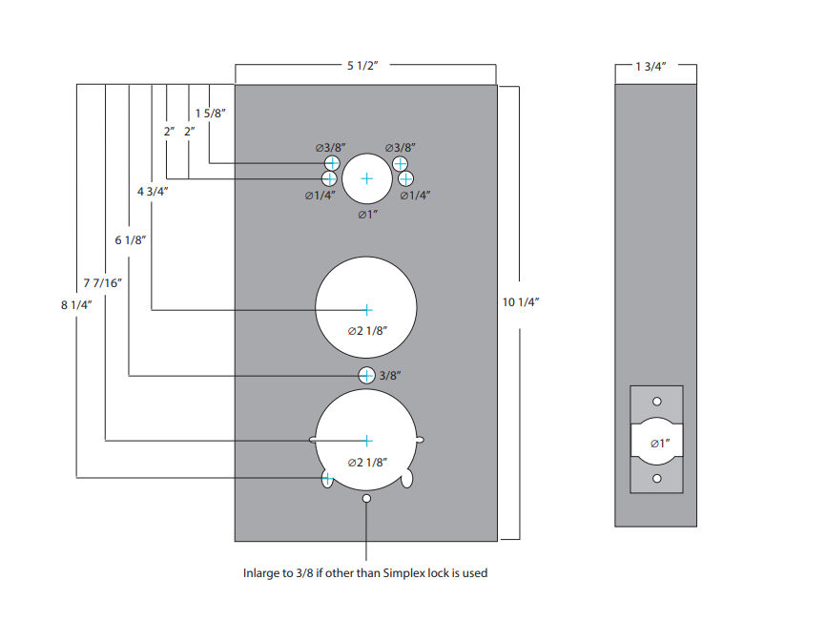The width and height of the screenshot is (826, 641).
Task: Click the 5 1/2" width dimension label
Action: pos(362,65)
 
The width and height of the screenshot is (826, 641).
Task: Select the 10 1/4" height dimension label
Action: pos(521,302)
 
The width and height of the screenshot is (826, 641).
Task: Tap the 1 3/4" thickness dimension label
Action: pos(650,67)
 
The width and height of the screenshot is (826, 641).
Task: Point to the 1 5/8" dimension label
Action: pos(210,114)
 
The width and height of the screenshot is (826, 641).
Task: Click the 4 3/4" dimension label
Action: pos(153,191)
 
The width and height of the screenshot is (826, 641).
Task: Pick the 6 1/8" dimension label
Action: pos(130,240)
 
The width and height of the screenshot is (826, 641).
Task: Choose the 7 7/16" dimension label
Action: pos(103,283)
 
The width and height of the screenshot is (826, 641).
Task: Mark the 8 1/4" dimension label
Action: pos(76,305)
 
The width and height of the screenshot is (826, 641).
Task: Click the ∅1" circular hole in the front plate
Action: pos(367,178)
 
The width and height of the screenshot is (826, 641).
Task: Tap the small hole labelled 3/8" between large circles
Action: pos(366,376)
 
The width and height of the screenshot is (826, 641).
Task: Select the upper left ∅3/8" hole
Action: pos(332,163)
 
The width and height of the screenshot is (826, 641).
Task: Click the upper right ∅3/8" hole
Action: pos(400,163)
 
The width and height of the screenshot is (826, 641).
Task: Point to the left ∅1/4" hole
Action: pos(329,178)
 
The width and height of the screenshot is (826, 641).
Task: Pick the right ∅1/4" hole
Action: pos(405,179)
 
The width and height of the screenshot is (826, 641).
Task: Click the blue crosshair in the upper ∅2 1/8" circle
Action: pos(367,310)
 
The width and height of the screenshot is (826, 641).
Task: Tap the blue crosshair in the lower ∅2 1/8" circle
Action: pos(367,441)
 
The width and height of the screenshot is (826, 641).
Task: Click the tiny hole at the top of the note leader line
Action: pos(366,498)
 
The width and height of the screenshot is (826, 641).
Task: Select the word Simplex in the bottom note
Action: pos(403,573)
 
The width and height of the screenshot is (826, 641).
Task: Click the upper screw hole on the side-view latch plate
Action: pos(657,402)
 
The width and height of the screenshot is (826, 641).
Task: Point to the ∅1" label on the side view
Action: pos(660,444)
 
